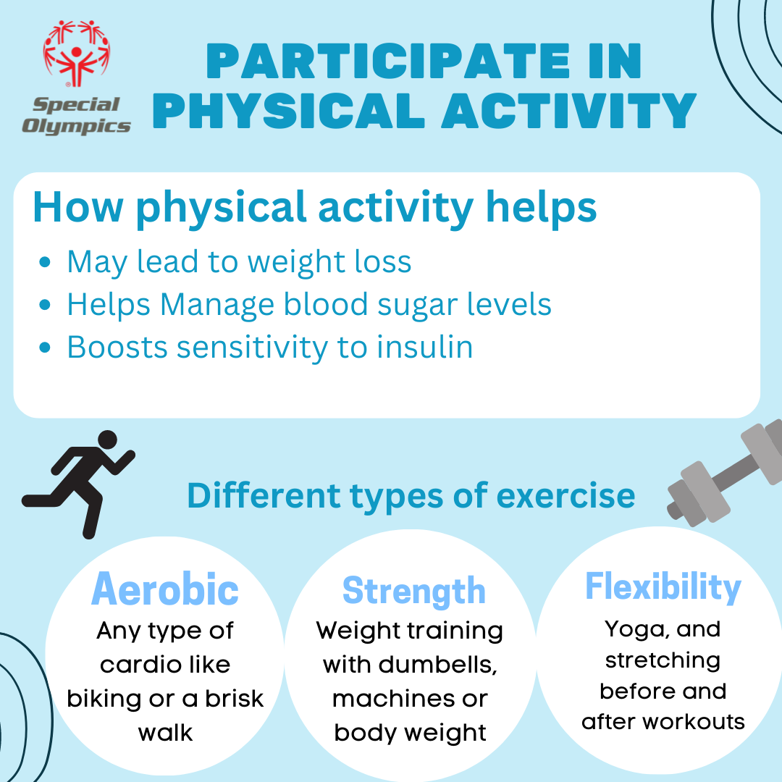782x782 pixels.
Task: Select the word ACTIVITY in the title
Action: pyautogui.click(x=569, y=110)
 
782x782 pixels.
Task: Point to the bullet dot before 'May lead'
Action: pyautogui.click(x=45, y=262)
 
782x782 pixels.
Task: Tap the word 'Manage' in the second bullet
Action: pyautogui.click(x=217, y=305)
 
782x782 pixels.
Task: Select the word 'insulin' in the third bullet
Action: pyautogui.click(x=424, y=347)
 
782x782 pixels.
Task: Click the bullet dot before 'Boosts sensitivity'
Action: pyautogui.click(x=45, y=347)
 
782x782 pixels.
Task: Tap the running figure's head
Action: pyautogui.click(x=107, y=440)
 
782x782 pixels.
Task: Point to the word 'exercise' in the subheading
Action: pyautogui.click(x=566, y=496)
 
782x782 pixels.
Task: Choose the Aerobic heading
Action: pyautogui.click(x=165, y=589)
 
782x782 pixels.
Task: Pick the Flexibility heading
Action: pyautogui.click(x=663, y=587)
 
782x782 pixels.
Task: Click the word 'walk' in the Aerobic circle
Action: pyautogui.click(x=165, y=733)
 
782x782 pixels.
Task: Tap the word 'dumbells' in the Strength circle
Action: pyautogui.click(x=437, y=665)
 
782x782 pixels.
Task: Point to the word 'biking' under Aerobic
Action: pyautogui.click(x=104, y=699)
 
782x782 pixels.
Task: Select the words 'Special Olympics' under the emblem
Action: pyautogui.click(x=76, y=116)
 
